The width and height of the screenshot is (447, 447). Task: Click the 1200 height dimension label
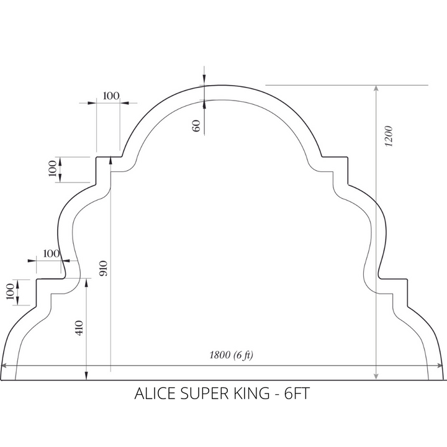pyautogui.click(x=389, y=136)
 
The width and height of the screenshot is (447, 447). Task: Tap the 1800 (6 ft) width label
pyautogui.click(x=231, y=355)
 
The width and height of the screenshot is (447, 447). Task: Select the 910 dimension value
pyautogui.click(x=103, y=268)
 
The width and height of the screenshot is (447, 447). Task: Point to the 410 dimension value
pyautogui.click(x=79, y=328)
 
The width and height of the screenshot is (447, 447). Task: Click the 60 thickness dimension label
pyautogui.click(x=196, y=125)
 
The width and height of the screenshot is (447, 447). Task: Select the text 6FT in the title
pyautogui.click(x=297, y=394)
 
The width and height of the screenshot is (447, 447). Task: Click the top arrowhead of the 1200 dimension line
pyautogui.click(x=376, y=88)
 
